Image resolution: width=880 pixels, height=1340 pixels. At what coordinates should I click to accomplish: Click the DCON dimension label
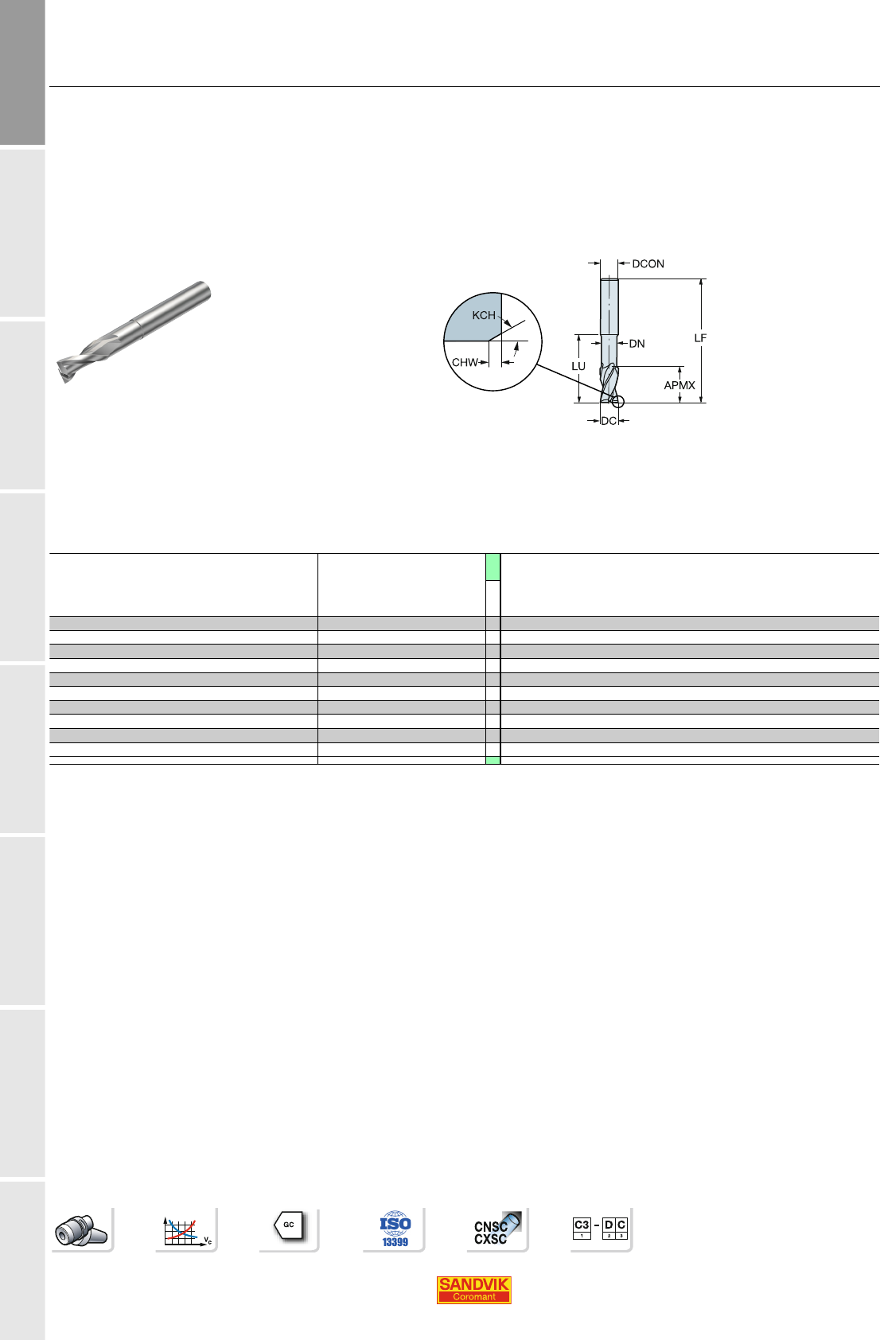click(x=648, y=264)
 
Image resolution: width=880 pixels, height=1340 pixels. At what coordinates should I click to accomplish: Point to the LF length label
click(x=700, y=338)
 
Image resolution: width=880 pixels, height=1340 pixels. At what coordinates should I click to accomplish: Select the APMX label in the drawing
click(x=679, y=385)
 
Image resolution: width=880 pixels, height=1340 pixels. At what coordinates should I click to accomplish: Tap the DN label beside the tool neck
click(x=637, y=344)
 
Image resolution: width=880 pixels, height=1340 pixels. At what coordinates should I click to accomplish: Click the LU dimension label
click(x=578, y=366)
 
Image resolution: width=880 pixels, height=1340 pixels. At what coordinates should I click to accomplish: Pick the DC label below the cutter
click(x=609, y=421)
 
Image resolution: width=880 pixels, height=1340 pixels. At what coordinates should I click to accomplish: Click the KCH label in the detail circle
click(x=484, y=315)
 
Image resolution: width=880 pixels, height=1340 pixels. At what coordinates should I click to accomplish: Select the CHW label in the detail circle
click(x=465, y=363)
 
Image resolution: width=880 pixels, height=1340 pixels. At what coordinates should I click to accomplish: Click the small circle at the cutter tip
click(x=618, y=402)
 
